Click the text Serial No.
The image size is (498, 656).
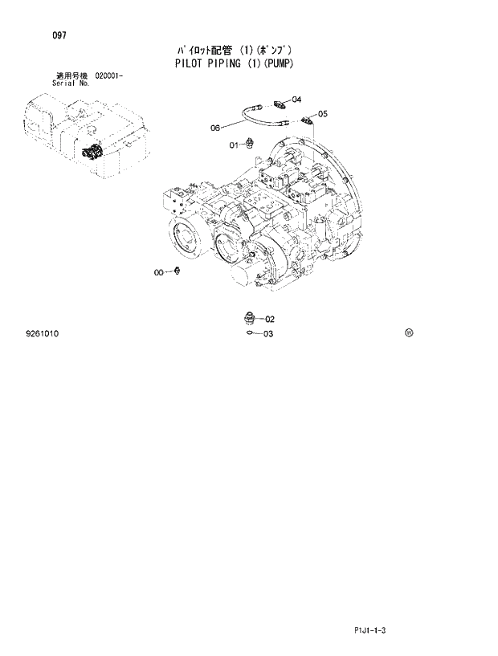(x=71, y=83)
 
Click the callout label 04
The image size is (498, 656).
(x=296, y=100)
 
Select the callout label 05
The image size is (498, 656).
(x=322, y=114)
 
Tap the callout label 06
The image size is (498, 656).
(x=215, y=127)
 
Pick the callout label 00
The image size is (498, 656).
(x=160, y=273)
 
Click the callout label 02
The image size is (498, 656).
(x=270, y=319)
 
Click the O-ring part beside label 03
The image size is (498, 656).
(x=251, y=333)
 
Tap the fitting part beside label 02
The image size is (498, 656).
(x=249, y=316)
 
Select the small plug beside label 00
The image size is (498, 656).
(x=177, y=272)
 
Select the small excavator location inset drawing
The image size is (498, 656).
(x=84, y=132)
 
